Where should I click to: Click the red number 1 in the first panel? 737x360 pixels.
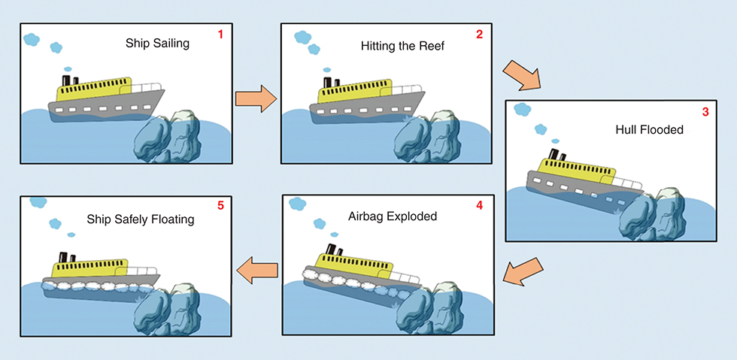coord(220,35)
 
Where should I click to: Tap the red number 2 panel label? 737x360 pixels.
coord(479,35)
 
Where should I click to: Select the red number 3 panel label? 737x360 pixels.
coord(705,112)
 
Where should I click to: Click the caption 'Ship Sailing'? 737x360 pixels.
coord(157,44)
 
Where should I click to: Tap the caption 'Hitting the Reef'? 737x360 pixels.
coord(403,47)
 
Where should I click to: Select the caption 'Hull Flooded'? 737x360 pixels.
coord(649,130)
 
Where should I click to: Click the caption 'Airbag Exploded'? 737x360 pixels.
coord(393,216)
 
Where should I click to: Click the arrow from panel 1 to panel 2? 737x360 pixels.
coord(253,98)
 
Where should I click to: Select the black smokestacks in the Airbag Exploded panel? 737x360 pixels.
coord(332,251)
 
